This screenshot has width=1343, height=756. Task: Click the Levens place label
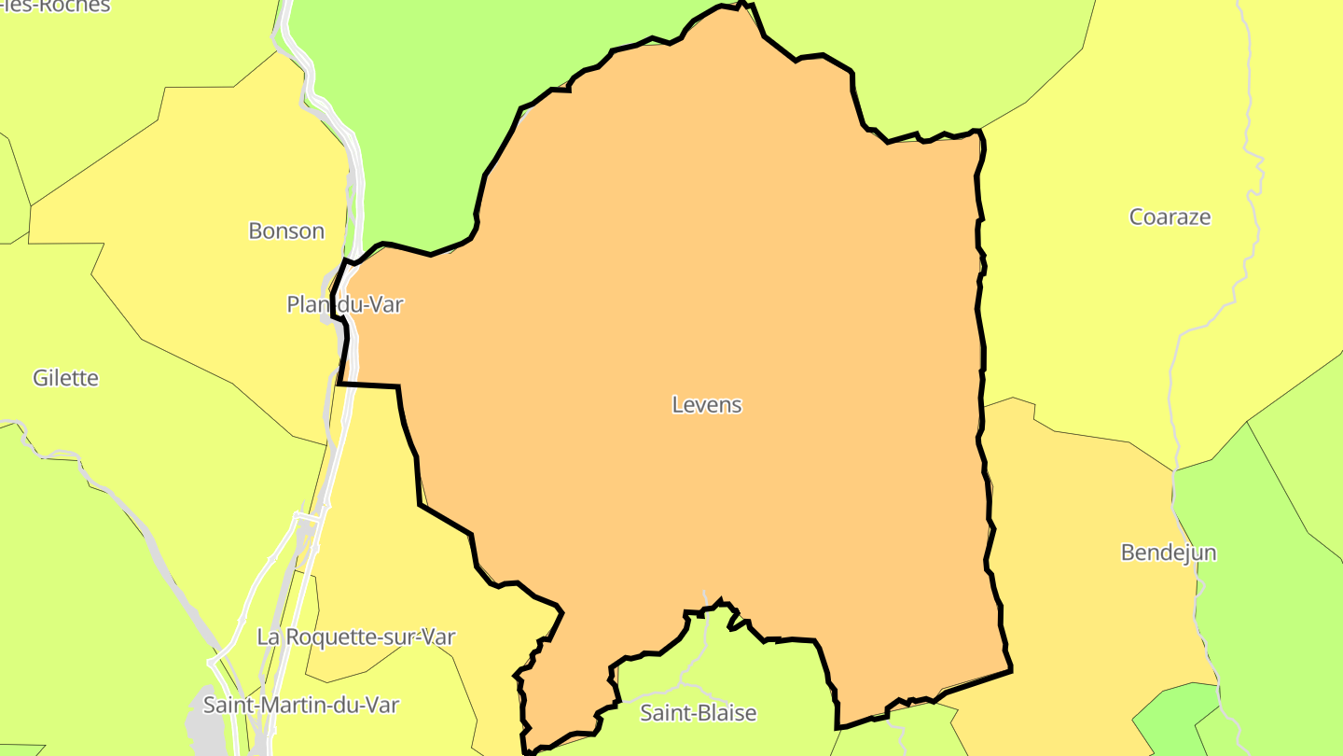pyautogui.click(x=707, y=405)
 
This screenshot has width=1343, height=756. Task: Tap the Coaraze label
pyautogui.click(x=1170, y=217)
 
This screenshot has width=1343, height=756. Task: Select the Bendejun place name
pyautogui.click(x=1168, y=553)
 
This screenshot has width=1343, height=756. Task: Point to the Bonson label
pyautogui.click(x=286, y=231)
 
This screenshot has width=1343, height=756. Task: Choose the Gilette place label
pyautogui.click(x=65, y=378)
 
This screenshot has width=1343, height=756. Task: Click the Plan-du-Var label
pyautogui.click(x=345, y=304)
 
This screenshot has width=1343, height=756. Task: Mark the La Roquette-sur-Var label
pyautogui.click(x=355, y=637)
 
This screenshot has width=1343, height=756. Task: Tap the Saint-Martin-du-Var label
pyautogui.click(x=300, y=705)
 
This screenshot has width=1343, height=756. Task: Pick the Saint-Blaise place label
pyautogui.click(x=698, y=713)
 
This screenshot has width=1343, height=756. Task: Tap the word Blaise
pyautogui.click(x=725, y=713)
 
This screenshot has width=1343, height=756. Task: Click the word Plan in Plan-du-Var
pyautogui.click(x=304, y=304)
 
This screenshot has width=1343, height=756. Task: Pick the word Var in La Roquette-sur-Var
pyautogui.click(x=437, y=637)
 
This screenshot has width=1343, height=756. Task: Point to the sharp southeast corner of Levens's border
pyautogui.click(x=1011, y=669)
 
